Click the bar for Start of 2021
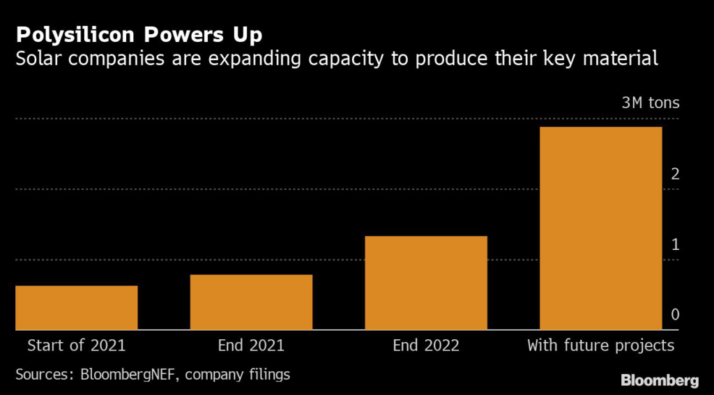coord(77,308)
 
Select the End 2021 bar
coord(251,302)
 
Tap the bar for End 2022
coord(426,283)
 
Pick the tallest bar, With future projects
coord(600,228)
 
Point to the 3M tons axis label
coord(651,103)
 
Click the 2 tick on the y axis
coord(675,174)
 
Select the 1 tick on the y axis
coord(675,244)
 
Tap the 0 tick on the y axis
coord(675,315)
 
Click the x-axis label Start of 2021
coord(77,345)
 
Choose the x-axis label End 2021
coord(251,345)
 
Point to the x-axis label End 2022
coord(426,345)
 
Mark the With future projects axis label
coord(600,345)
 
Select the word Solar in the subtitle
coord(36,59)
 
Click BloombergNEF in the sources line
coord(130,375)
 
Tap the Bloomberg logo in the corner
coord(660,380)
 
